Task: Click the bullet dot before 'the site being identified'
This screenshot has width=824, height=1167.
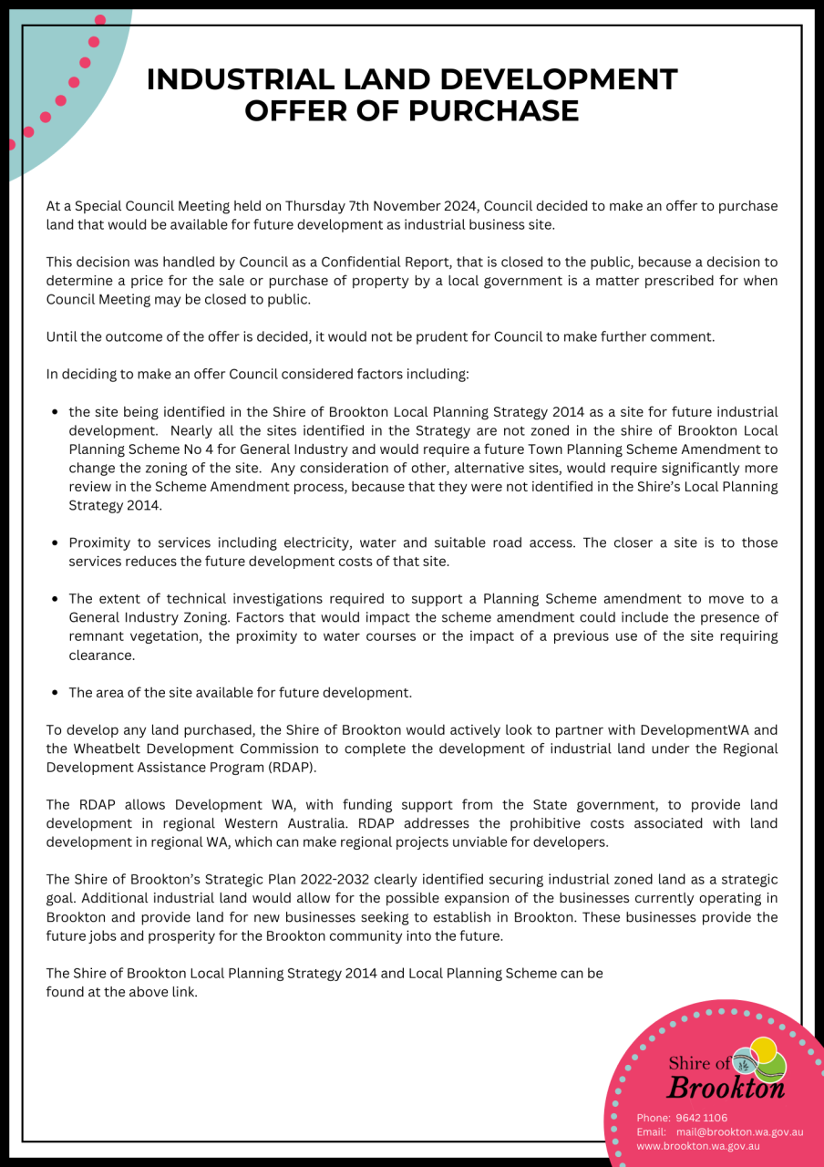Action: [57, 412]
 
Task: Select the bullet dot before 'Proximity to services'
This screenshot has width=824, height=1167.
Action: [57, 543]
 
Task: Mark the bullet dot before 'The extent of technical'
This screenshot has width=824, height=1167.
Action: [57, 599]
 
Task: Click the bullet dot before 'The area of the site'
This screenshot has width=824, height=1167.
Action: [57, 693]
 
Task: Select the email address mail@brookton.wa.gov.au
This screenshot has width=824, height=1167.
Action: [739, 1131]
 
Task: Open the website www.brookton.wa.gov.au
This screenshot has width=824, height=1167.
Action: [697, 1146]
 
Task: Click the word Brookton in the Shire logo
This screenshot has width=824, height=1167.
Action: [726, 1088]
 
